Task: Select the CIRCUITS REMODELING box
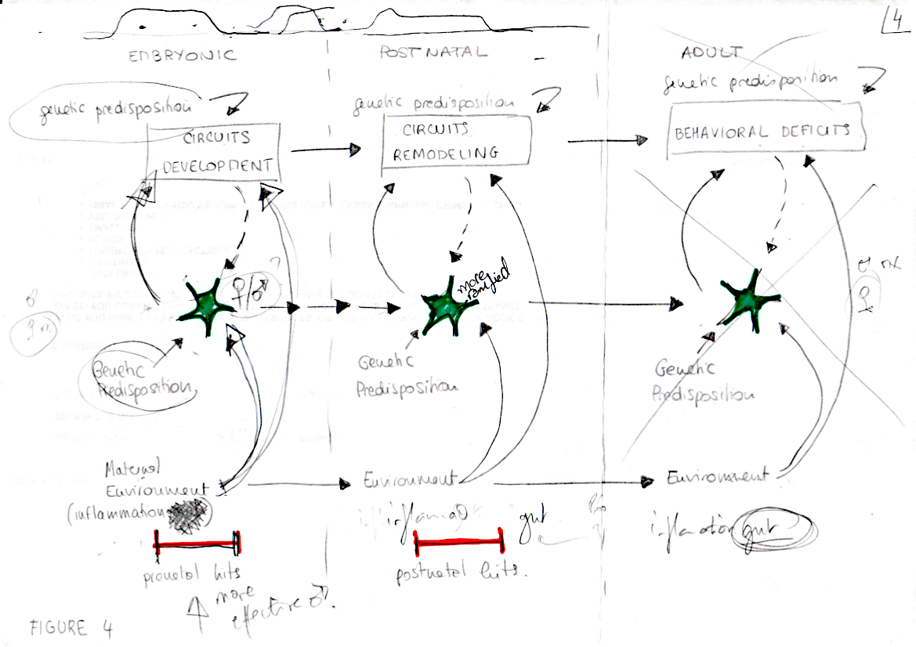pyautogui.click(x=456, y=142)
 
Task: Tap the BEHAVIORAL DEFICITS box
pyautogui.click(x=766, y=131)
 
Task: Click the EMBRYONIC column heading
pyautogui.click(x=182, y=56)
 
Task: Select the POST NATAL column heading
pyautogui.click(x=433, y=53)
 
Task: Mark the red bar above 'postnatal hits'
pyautogui.click(x=458, y=541)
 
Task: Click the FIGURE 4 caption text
pyautogui.click(x=71, y=627)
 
